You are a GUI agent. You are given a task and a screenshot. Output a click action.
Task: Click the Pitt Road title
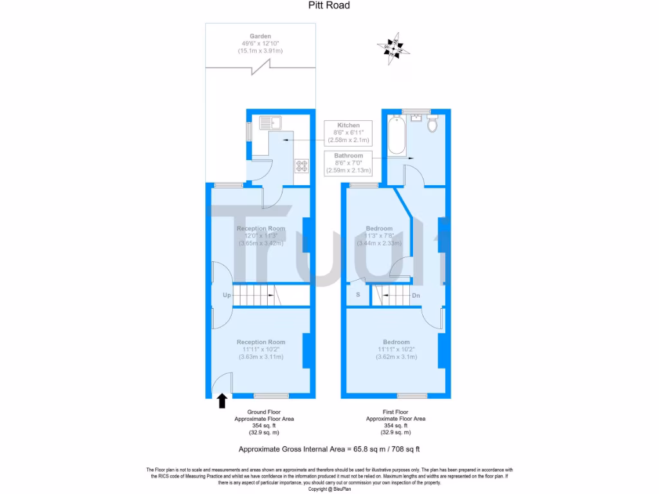[x=329, y=6]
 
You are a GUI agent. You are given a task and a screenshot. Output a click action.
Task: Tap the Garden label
[x=261, y=43]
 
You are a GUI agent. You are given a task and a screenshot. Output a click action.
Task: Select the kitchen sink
[x=270, y=121]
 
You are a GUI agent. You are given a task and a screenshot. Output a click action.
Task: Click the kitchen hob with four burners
[x=301, y=165]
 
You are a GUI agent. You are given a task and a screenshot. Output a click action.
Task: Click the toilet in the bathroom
[x=432, y=123]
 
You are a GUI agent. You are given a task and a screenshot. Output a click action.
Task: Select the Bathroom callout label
[x=348, y=163]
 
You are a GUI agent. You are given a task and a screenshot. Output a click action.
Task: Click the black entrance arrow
[x=222, y=401]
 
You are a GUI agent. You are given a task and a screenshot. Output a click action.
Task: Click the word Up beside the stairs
[x=227, y=296]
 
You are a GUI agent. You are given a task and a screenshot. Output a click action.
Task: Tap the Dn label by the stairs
[x=416, y=296]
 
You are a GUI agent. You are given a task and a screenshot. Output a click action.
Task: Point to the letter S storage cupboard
[x=358, y=295]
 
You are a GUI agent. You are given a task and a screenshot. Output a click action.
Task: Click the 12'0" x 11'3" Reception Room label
[x=261, y=236]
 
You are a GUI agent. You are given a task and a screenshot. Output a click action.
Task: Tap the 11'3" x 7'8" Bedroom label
[x=379, y=236]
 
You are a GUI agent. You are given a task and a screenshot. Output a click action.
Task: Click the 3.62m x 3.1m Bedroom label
[x=396, y=349]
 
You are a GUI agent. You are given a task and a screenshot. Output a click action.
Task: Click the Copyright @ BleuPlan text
[x=329, y=489]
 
